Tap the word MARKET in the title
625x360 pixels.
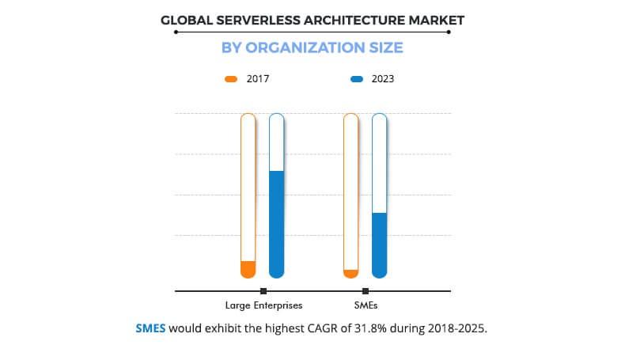[434, 19]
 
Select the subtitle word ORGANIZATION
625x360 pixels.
[305, 47]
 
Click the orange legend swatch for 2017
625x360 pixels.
[231, 79]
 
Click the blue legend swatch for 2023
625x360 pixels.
[357, 79]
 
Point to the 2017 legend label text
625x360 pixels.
[258, 79]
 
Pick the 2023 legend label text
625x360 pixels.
[383, 79]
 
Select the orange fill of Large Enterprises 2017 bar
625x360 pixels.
[248, 269]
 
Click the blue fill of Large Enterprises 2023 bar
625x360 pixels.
[276, 224]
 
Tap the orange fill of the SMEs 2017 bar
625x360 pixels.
[350, 274]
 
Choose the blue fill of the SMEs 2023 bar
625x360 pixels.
[379, 245]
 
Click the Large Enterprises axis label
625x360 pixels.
[263, 305]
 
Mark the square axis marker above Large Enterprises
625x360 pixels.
[263, 291]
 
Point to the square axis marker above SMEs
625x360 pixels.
[365, 291]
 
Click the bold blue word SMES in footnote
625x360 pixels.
[150, 328]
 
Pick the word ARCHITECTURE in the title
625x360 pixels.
[342, 19]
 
